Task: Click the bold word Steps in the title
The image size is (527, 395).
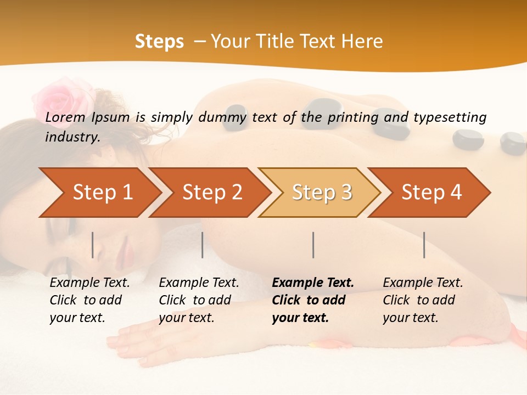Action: [159, 42]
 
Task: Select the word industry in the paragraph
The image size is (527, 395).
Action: [72, 137]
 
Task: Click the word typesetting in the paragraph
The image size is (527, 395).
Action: [450, 117]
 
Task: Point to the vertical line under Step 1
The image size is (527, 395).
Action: [93, 245]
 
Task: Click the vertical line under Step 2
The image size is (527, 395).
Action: [203, 245]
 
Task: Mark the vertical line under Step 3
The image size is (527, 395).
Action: [313, 245]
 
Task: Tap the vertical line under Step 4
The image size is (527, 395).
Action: [424, 245]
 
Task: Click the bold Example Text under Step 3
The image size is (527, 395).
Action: [313, 283]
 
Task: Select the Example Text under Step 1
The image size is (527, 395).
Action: [89, 283]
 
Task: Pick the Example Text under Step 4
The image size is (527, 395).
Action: [423, 283]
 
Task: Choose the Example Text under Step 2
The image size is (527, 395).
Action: [199, 283]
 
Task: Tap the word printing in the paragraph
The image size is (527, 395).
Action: [353, 117]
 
